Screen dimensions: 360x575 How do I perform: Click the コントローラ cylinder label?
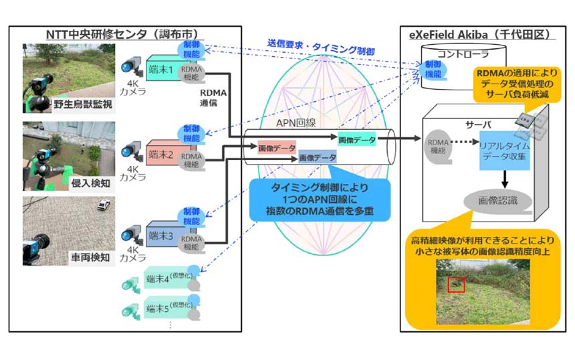[465, 53]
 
